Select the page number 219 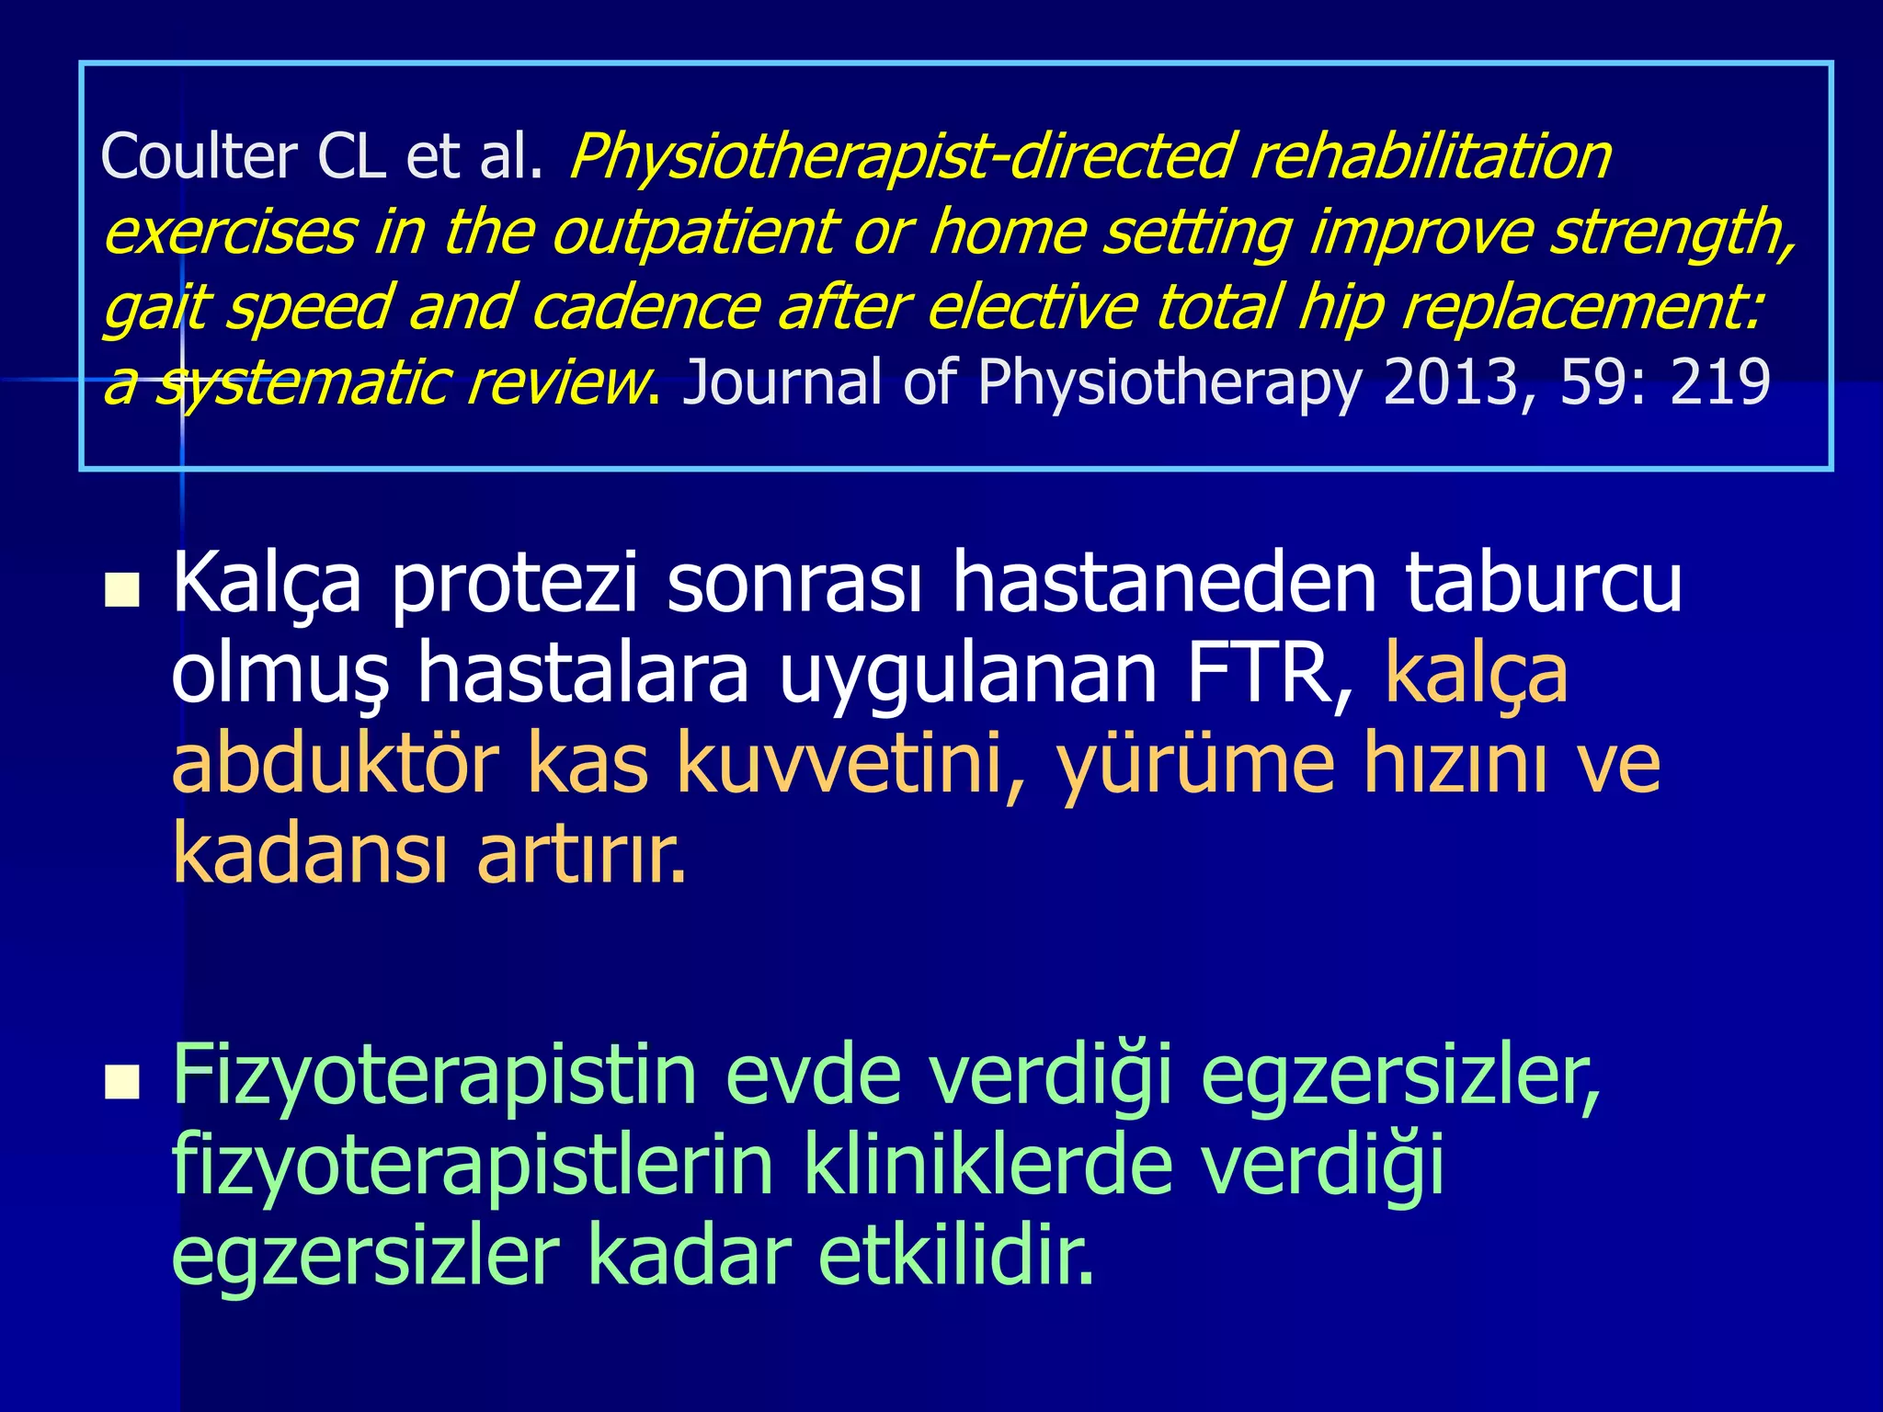pos(1720,381)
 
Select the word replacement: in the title pos(1581,308)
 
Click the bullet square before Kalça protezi pos(122,592)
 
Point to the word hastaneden pos(1164,583)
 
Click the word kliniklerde pos(987,1167)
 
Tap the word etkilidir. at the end pos(956,1257)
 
